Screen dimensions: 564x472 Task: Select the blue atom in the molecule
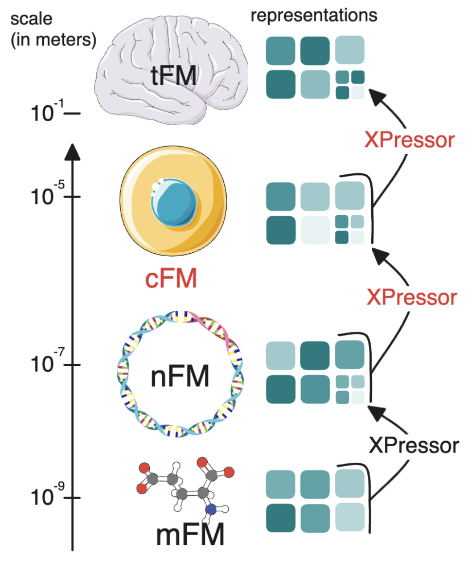tap(210, 509)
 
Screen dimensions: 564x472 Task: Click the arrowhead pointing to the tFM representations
tap(376, 95)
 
